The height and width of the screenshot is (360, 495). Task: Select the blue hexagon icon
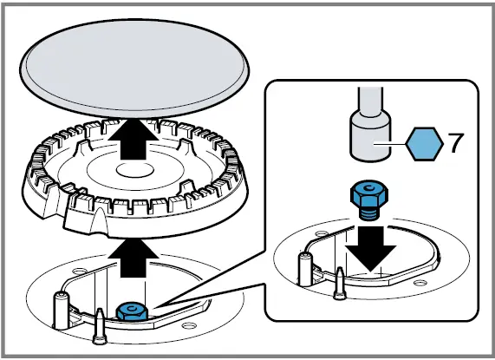(x=422, y=141)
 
